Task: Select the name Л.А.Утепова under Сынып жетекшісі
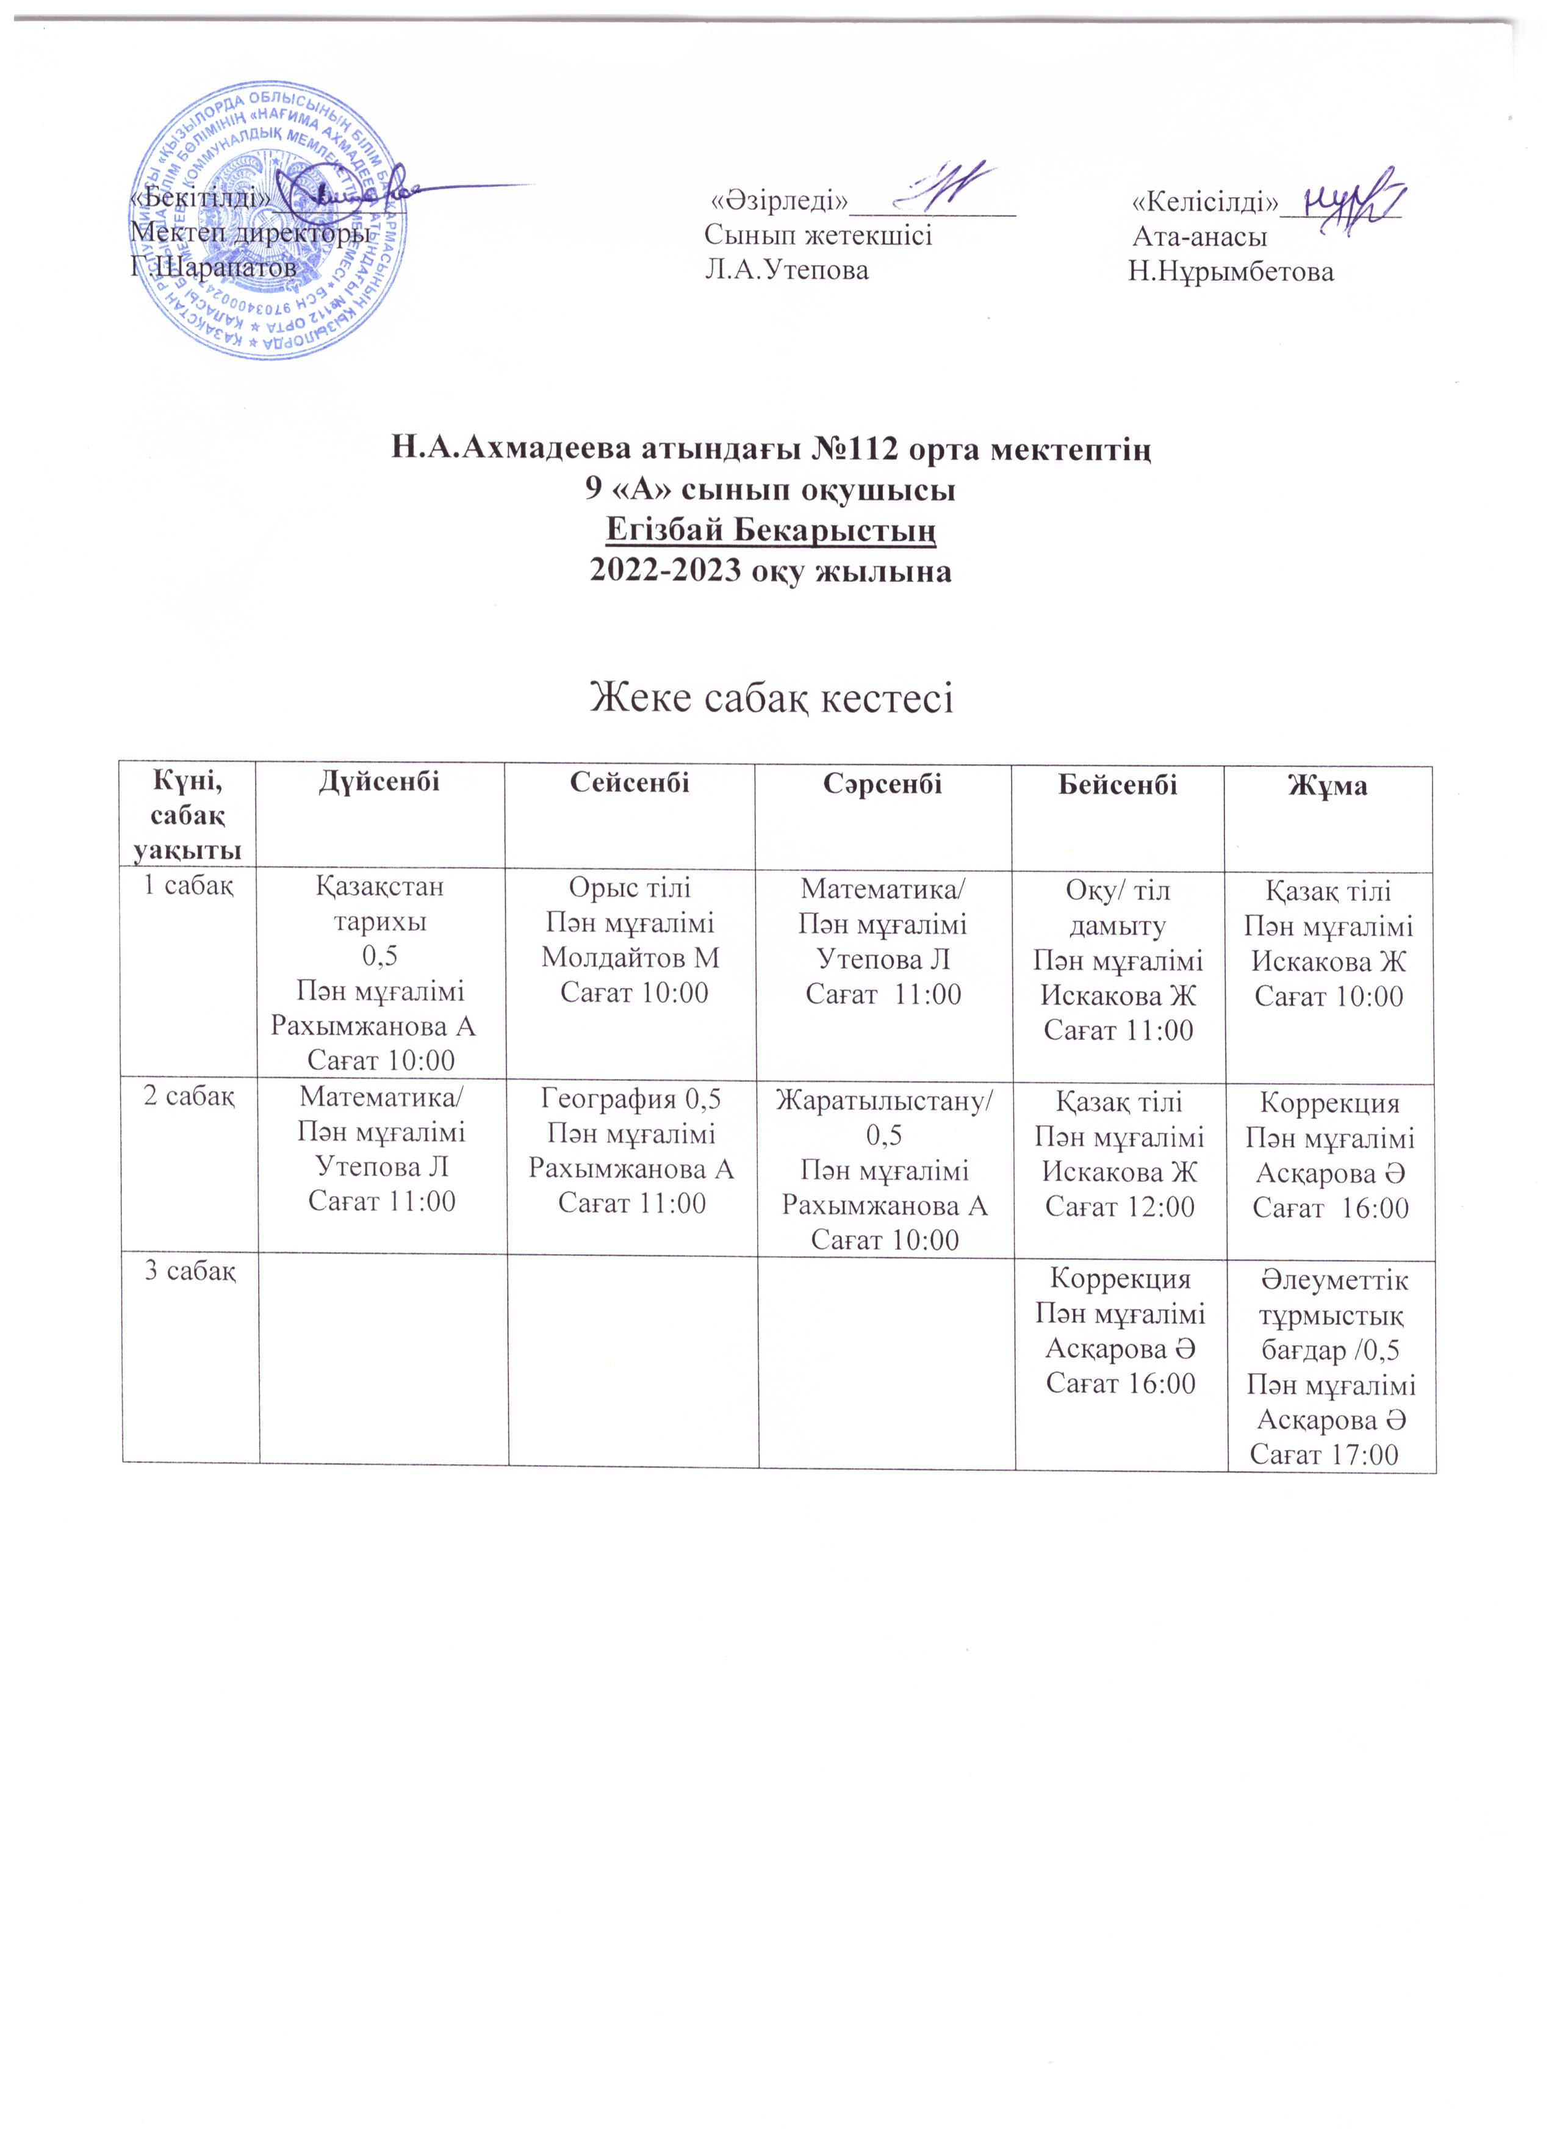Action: (786, 270)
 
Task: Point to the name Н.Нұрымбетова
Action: (1231, 272)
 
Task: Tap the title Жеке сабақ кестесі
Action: (771, 699)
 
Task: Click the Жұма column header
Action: (1328, 786)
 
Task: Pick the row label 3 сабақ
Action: (189, 1271)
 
